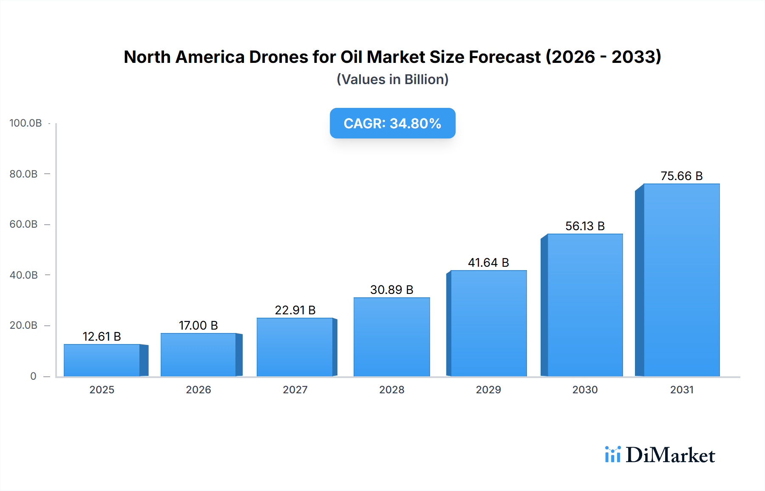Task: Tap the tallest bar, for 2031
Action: coord(681,280)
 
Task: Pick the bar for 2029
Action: coord(488,323)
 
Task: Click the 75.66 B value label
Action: coord(681,176)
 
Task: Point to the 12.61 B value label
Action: coord(102,336)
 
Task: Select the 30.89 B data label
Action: coord(391,290)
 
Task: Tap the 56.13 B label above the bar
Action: coord(585,226)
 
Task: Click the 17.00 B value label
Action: coord(198,325)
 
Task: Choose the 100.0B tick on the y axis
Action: coord(25,123)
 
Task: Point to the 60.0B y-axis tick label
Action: coord(23,224)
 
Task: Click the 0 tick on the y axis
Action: coord(33,376)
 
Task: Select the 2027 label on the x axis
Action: coord(295,389)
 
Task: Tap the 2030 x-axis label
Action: coord(585,389)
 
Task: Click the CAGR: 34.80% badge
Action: coord(392,123)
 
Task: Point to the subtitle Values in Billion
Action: coord(392,79)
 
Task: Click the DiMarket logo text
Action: coord(670,455)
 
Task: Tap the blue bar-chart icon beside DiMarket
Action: coord(612,454)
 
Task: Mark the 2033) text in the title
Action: coord(636,57)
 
